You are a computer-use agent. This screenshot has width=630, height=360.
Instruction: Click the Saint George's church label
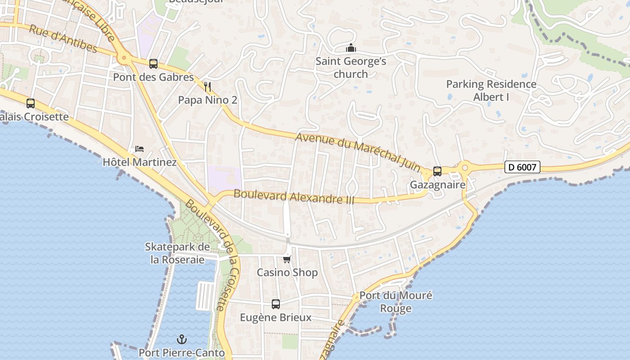pos(351,67)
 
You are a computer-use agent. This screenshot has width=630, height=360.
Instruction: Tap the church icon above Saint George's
pos(351,48)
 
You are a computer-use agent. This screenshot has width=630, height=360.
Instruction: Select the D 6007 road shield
pos(522,167)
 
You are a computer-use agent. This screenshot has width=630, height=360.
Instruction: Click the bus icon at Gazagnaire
pos(437,171)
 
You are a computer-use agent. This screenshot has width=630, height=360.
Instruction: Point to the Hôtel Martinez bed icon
pos(139,149)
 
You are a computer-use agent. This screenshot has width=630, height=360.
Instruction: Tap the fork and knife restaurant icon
pos(207,86)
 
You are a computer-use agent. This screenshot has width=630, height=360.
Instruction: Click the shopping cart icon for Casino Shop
pos(287,259)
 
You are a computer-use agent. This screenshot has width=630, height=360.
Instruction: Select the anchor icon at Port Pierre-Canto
pos(182,339)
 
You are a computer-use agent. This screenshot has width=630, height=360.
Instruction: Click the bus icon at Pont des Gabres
pos(153,64)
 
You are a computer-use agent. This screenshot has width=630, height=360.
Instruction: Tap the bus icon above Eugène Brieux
pos(275,304)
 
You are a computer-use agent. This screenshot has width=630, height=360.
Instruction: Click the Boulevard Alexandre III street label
pos(294,197)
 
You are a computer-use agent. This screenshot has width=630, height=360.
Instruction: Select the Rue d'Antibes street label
pos(63,38)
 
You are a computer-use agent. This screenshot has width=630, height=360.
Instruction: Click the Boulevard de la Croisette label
pos(211,254)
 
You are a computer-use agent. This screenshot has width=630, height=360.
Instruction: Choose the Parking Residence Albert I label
pos(491,90)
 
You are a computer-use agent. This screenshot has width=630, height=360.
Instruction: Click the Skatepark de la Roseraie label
pos(177,253)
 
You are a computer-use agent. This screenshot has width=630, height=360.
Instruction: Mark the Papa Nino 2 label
pos(207,100)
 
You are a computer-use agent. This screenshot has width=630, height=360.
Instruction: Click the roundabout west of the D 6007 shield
pos(464,168)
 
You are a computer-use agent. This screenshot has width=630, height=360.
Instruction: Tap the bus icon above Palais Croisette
pos(31,103)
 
